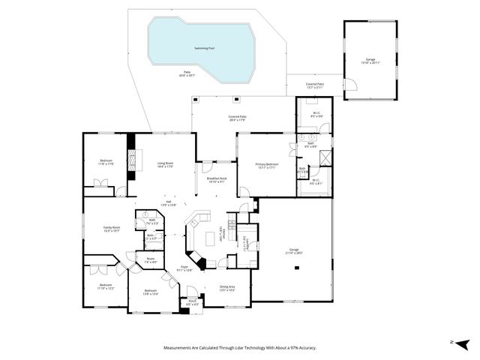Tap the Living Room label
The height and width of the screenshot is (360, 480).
pos(165,164)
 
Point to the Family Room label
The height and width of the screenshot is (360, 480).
pos(111,229)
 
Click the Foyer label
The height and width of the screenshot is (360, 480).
pos(184,268)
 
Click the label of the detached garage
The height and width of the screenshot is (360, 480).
pos(370,59)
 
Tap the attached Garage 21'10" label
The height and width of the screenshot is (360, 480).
pos(294,251)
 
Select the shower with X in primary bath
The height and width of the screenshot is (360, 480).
pos(325,158)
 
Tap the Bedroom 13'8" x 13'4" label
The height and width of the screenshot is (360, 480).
pos(150,292)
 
